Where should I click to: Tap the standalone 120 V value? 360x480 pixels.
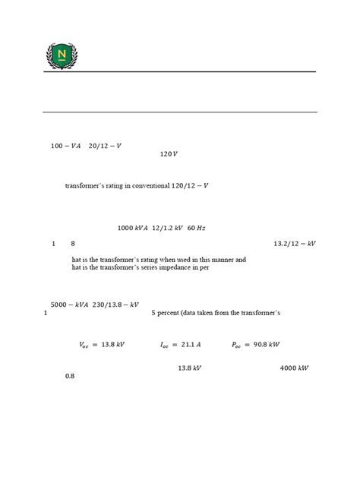pyautogui.click(x=169, y=154)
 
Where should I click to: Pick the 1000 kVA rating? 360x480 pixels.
pyautogui.click(x=133, y=228)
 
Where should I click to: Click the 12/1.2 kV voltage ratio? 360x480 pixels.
pyautogui.click(x=171, y=228)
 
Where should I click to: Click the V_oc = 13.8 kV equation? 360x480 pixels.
pyautogui.click(x=102, y=344)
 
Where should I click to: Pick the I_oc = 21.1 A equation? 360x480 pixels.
pyautogui.click(x=180, y=344)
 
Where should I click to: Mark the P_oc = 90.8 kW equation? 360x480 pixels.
pyautogui.click(x=256, y=344)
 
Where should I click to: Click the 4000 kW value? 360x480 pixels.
pyautogui.click(x=293, y=368)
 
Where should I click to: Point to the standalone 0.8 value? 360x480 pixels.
pyautogui.click(x=70, y=376)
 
